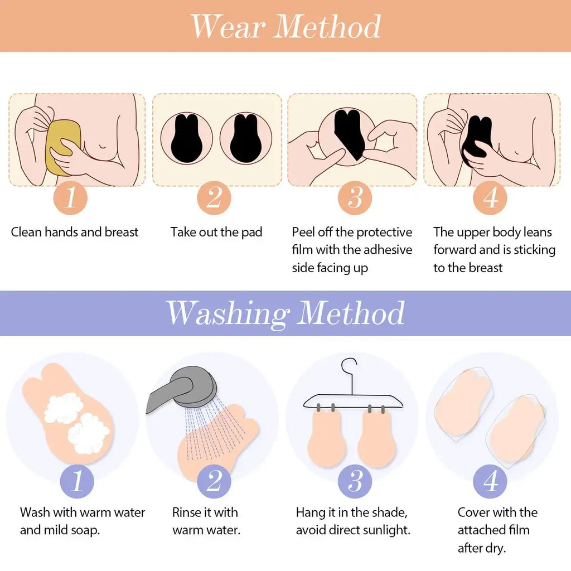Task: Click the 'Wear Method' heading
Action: [285, 26]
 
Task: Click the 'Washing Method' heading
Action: [285, 313]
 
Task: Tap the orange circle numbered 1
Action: [70, 198]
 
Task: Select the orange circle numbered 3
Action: [355, 198]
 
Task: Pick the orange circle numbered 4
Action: [490, 198]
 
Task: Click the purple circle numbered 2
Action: [214, 481]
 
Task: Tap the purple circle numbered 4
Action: [490, 481]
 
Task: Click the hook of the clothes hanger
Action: [350, 370]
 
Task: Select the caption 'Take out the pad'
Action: [216, 233]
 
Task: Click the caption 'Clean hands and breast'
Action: [75, 233]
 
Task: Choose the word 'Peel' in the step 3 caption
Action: [303, 233]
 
